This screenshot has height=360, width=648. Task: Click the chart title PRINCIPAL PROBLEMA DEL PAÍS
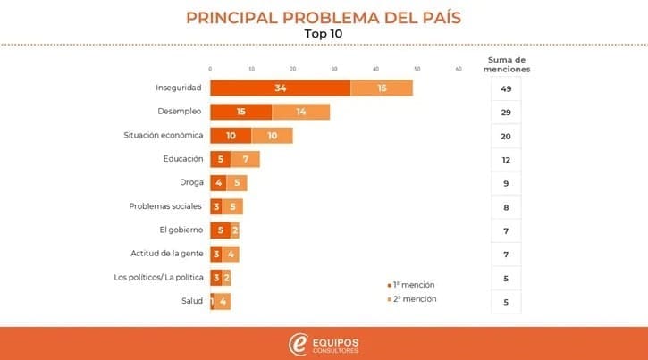pyautogui.click(x=324, y=17)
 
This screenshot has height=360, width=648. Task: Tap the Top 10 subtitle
pyautogui.click(x=324, y=34)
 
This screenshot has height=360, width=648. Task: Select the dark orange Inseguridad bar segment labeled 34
pyautogui.click(x=280, y=88)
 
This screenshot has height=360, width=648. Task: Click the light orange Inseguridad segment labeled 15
pyautogui.click(x=382, y=88)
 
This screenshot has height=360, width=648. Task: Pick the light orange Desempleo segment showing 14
pyautogui.click(x=300, y=112)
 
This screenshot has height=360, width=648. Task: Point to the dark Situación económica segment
pyautogui.click(x=231, y=135)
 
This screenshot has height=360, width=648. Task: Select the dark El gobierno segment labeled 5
pyautogui.click(x=220, y=230)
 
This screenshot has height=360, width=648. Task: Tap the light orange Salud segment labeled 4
pyautogui.click(x=223, y=301)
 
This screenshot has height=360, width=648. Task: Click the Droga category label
pyautogui.click(x=190, y=182)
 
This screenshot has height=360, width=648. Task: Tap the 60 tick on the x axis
pyautogui.click(x=459, y=69)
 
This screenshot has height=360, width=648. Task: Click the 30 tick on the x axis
pyautogui.click(x=334, y=69)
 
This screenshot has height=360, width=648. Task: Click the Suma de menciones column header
pyautogui.click(x=506, y=64)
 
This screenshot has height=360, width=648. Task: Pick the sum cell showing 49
pyautogui.click(x=506, y=88)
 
